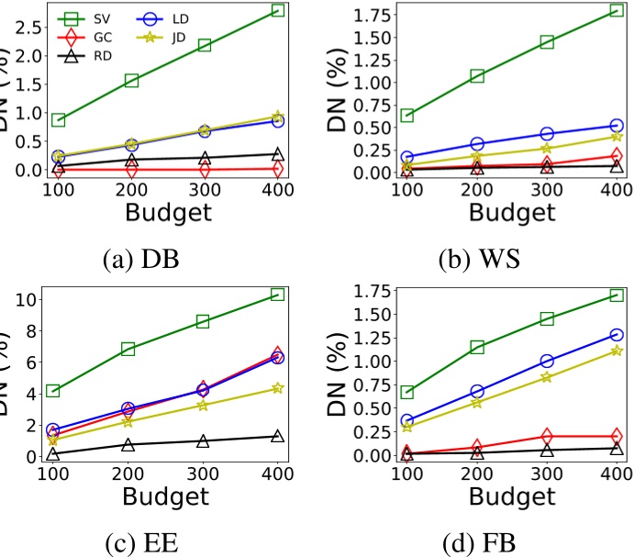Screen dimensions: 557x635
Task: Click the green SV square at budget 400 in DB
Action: coord(278,10)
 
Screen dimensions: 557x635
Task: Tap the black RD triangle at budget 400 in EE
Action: coord(278,436)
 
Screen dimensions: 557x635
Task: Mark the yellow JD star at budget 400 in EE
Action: coord(278,388)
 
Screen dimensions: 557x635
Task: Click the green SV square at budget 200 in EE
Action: coord(128,349)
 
